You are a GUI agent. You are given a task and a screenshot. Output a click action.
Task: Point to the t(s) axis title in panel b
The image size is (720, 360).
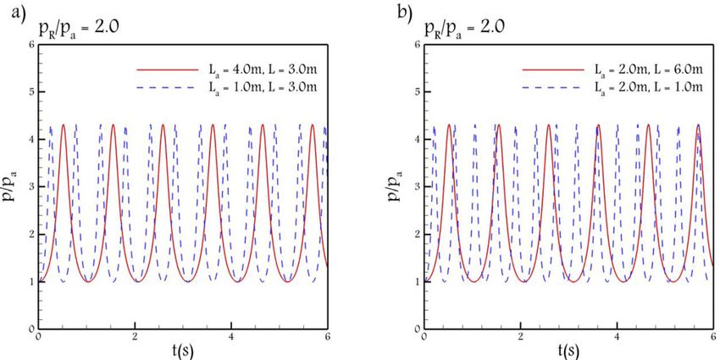pyautogui.click(x=568, y=349)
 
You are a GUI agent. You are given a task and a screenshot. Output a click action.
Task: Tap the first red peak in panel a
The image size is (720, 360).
pyautogui.click(x=63, y=125)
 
